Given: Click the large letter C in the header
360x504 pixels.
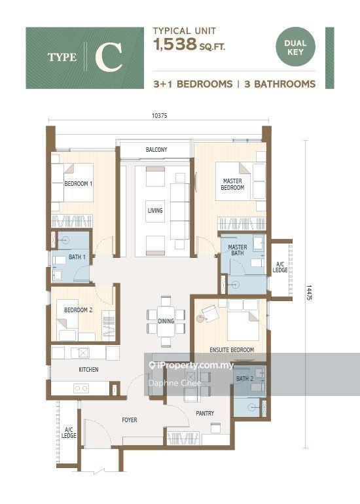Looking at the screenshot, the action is coord(109,57).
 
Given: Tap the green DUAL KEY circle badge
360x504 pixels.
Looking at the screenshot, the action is coord(295,47).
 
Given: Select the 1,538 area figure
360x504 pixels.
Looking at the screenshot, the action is coord(175,45).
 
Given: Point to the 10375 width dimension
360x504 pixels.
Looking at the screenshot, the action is coord(160,116).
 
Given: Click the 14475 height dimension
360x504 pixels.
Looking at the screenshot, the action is coord(309,292).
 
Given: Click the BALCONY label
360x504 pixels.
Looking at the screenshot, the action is coord(156,150).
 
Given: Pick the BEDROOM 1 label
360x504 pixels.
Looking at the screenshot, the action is coord(79,183).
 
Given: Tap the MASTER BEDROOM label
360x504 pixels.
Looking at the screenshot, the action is coord(232,184).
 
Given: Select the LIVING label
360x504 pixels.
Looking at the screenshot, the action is coord(155,211).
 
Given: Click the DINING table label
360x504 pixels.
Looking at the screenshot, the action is coord(166,321).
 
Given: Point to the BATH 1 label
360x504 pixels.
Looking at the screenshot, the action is coord(77,257).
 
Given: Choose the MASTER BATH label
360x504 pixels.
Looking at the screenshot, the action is coord(238,250).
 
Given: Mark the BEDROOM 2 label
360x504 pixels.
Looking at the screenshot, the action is coord(78,310).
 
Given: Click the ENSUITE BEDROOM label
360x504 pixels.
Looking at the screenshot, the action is coord(232,350).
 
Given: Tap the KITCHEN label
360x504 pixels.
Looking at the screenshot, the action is coord(89,370).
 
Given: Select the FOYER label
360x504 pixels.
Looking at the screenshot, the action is coord(130,420).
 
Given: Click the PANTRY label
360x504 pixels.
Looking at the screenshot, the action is coord(205,414).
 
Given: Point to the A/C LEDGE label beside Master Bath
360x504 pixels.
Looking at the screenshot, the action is coord(280,267).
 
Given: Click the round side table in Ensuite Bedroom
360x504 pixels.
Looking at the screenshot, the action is coord(200,319).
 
